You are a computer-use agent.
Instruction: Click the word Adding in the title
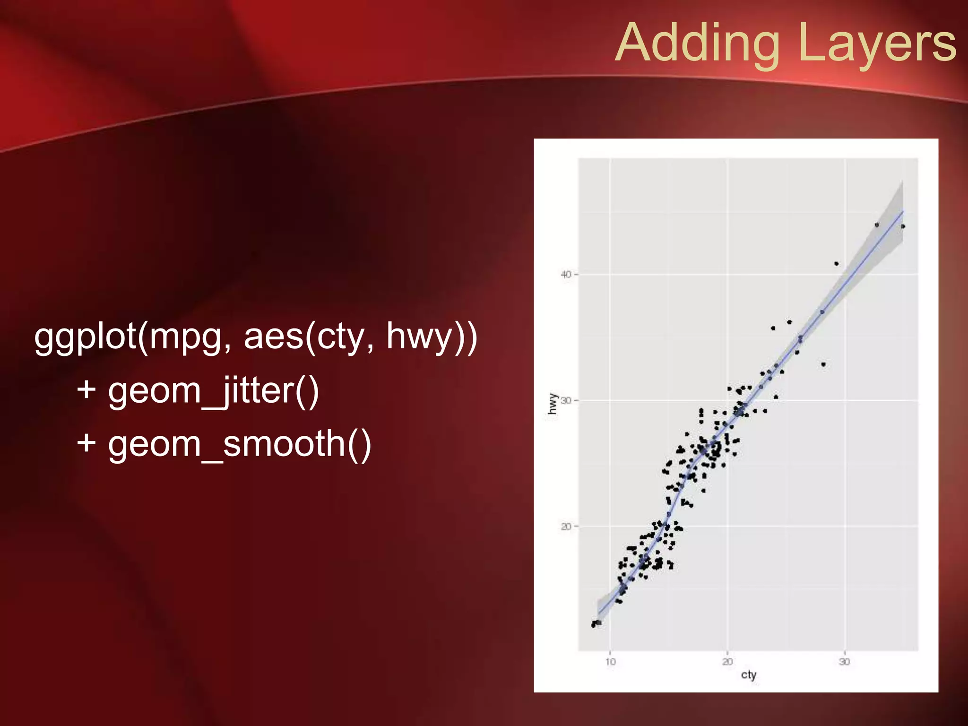click(698, 43)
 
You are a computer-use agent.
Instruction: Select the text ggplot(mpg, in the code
click(132, 337)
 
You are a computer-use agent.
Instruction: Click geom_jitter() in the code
click(214, 391)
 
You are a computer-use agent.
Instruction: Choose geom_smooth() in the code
click(240, 444)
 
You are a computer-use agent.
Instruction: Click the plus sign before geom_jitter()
click(86, 390)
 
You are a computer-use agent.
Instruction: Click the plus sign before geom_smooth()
click(86, 444)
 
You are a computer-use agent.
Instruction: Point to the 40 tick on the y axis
click(566, 275)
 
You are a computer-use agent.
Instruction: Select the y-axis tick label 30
click(566, 401)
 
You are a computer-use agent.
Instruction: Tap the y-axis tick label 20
click(566, 527)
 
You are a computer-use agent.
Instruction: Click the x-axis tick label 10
click(610, 662)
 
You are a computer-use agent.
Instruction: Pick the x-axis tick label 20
click(727, 662)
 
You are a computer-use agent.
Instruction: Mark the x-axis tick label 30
click(845, 662)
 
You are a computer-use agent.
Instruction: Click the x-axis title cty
click(749, 675)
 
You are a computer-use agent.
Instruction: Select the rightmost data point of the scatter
click(903, 226)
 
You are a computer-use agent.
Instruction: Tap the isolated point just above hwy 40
click(837, 264)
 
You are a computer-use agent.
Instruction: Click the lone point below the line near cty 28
click(823, 364)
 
